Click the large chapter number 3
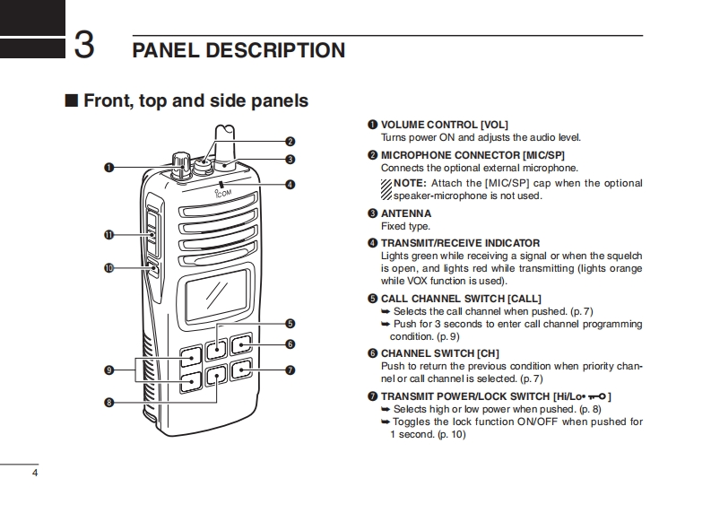pos(84,44)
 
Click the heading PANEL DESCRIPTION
pos(238,50)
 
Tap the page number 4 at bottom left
pos(35,473)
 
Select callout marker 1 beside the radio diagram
pos(108,167)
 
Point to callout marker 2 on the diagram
pos(290,141)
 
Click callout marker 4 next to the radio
pos(290,185)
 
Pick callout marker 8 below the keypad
pos(108,403)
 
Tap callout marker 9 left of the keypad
pos(108,370)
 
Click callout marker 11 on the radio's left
pos(108,235)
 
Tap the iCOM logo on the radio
pos(223,190)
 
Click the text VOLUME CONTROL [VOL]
pos(444,125)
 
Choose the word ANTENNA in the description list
pos(405,213)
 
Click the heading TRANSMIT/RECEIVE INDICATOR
pos(460,243)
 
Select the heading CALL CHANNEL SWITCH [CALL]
pos(461,299)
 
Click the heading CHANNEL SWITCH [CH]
pos(440,353)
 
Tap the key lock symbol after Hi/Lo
pos(595,396)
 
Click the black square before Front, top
pos(72,100)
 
